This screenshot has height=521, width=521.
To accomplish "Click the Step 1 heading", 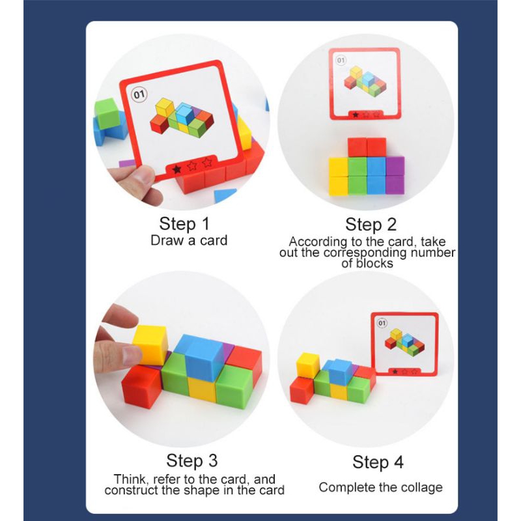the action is (x=184, y=223).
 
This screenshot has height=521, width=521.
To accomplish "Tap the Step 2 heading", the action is (x=371, y=224).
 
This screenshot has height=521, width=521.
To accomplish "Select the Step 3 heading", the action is (x=191, y=460).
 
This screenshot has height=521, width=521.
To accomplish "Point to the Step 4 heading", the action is (x=378, y=462).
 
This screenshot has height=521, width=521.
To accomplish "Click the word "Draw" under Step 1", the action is (x=167, y=240).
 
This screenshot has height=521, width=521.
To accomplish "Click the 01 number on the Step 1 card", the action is (x=139, y=95).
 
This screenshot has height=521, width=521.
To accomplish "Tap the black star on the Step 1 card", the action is (x=176, y=169).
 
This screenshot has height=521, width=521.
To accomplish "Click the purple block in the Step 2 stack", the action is (x=395, y=175).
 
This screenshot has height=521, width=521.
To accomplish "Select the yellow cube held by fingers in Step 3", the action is (x=150, y=345).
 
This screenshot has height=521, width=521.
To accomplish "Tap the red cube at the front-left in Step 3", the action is (x=141, y=387).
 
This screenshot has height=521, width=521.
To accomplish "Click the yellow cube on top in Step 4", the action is (x=307, y=365).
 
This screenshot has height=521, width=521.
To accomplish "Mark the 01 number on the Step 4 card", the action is (x=382, y=323).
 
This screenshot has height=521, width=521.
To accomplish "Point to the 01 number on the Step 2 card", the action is (x=341, y=61).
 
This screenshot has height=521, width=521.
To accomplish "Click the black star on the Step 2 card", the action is (x=356, y=115).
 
